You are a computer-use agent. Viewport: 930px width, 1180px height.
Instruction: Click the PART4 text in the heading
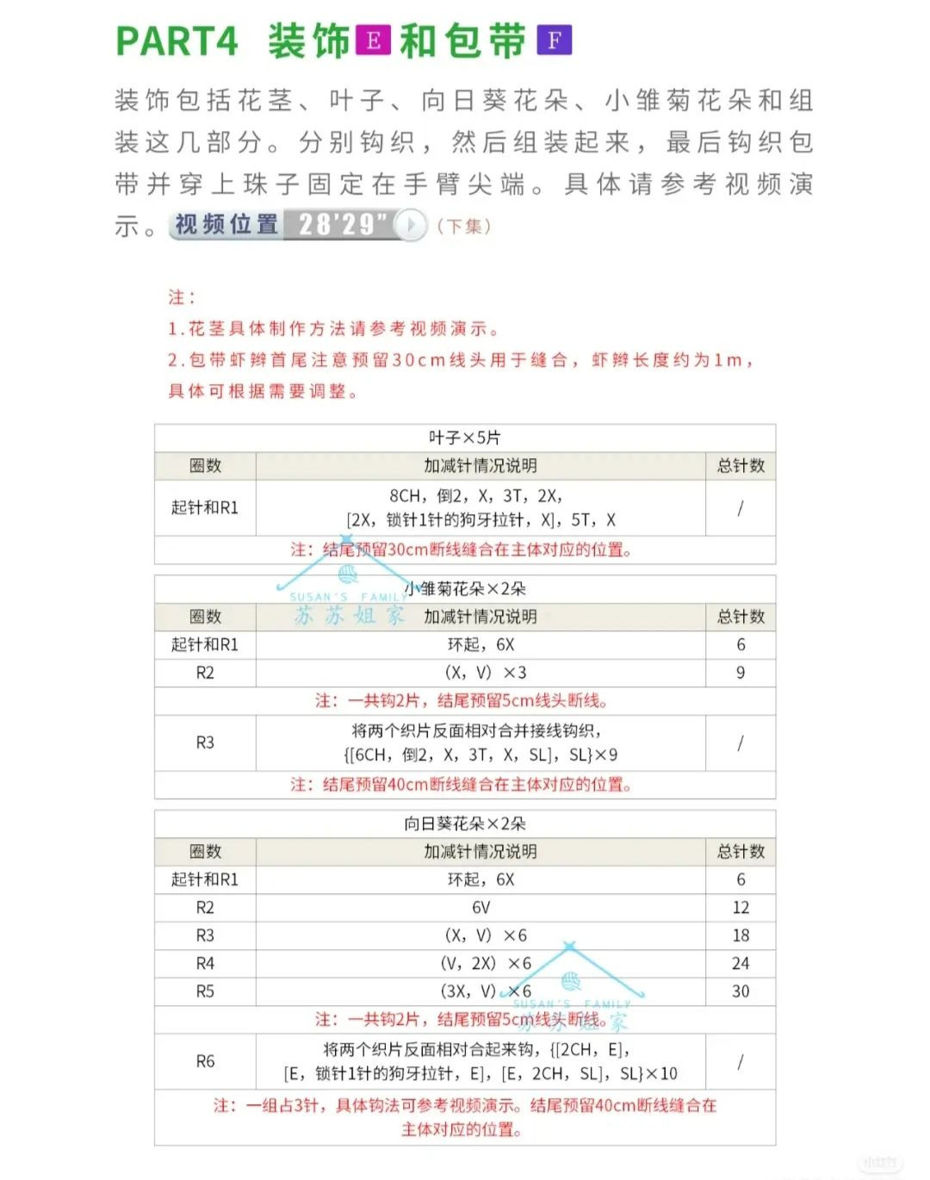[177, 41]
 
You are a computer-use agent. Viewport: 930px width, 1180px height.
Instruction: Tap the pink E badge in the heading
[373, 40]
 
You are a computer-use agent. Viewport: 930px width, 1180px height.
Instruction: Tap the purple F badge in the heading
[554, 40]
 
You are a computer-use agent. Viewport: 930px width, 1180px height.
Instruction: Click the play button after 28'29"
[411, 225]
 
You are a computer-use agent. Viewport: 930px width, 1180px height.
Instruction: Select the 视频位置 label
[226, 225]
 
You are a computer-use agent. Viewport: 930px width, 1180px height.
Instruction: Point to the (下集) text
[464, 227]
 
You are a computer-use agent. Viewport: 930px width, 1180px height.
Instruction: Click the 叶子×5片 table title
[465, 438]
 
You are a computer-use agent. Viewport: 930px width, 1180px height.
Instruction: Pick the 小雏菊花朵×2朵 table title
[465, 589]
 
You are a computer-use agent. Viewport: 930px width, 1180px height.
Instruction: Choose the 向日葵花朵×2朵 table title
[465, 823]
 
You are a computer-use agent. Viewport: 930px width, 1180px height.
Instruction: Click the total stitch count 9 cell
[741, 673]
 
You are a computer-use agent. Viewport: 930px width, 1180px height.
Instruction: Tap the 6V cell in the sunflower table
[480, 907]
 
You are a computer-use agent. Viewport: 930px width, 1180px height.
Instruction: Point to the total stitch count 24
[741, 963]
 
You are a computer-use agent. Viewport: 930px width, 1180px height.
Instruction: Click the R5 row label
[205, 991]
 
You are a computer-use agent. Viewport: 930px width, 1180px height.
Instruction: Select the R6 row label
[205, 1061]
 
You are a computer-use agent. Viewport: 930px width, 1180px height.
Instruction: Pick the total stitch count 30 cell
[741, 991]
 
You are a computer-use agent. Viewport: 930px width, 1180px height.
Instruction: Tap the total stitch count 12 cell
[741, 907]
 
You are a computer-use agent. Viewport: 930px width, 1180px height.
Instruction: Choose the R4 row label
[205, 963]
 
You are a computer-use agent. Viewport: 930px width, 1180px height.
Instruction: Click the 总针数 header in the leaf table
[741, 466]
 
